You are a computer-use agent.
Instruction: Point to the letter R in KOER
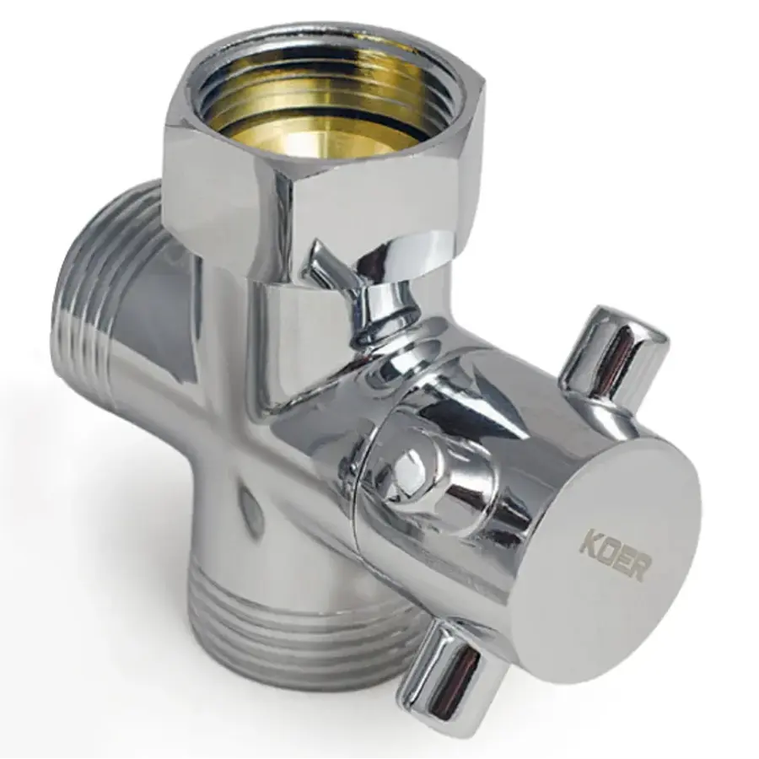638,569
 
